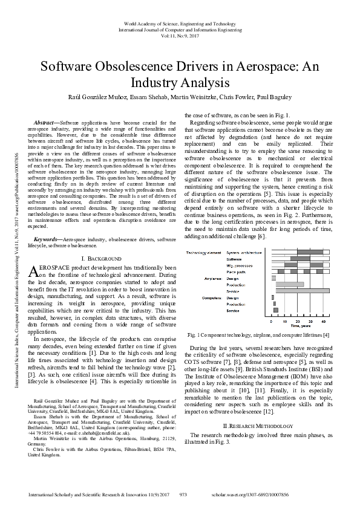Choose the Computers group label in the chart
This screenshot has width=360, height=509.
click(212, 298)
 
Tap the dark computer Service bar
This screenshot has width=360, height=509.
click(275, 311)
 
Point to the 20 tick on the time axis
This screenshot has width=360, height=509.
click(298, 320)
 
